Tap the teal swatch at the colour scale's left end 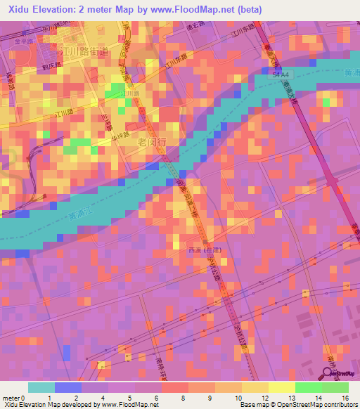[x=41, y=387]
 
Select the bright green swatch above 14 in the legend [x=308, y=387]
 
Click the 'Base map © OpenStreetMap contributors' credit [x=298, y=405]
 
